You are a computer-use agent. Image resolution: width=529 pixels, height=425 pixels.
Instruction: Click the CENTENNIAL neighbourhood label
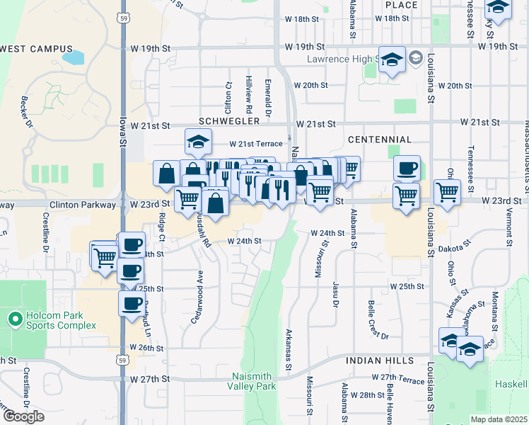click(380, 140)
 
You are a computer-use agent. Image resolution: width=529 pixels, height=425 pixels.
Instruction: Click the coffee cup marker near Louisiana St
click(407, 169)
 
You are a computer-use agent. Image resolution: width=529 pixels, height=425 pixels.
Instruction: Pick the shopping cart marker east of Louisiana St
click(447, 191)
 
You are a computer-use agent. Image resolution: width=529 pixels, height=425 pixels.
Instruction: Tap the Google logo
click(23, 416)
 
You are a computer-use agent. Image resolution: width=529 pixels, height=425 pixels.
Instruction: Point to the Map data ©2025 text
click(499, 419)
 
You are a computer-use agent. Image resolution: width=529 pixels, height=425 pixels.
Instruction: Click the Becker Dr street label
click(28, 112)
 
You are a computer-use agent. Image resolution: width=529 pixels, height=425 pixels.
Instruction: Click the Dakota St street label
click(454, 247)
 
